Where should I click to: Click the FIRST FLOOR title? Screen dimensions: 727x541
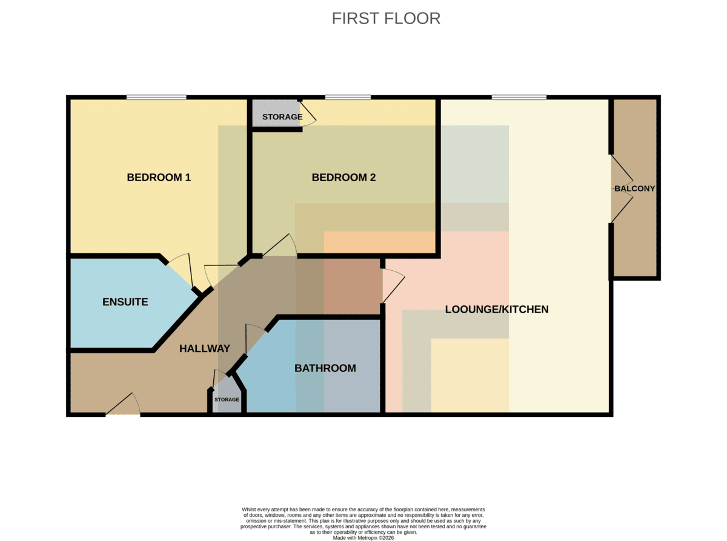(x=386, y=18)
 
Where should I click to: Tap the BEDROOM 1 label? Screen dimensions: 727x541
(x=159, y=178)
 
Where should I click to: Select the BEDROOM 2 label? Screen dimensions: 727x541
(x=344, y=178)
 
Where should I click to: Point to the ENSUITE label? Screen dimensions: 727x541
(x=125, y=302)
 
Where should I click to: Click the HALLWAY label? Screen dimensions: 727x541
(x=205, y=348)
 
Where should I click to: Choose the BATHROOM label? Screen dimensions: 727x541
(x=325, y=368)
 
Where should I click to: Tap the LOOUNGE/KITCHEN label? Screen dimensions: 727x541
(x=497, y=309)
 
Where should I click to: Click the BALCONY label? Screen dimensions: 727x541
(x=634, y=188)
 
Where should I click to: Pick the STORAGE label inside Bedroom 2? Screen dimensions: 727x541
(x=282, y=117)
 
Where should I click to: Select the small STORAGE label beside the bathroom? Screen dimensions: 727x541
(x=227, y=399)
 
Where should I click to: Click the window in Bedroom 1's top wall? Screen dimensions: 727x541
(x=156, y=97)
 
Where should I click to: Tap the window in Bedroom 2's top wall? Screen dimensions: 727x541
(x=348, y=97)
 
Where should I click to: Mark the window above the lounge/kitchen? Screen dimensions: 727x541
(x=519, y=97)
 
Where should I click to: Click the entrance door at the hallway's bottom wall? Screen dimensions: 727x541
(x=123, y=404)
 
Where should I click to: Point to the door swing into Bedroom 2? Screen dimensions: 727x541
(x=280, y=245)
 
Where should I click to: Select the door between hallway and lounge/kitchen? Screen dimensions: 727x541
(x=394, y=286)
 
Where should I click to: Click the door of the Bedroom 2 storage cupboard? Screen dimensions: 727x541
(x=308, y=113)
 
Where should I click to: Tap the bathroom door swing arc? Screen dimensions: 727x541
(x=255, y=339)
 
